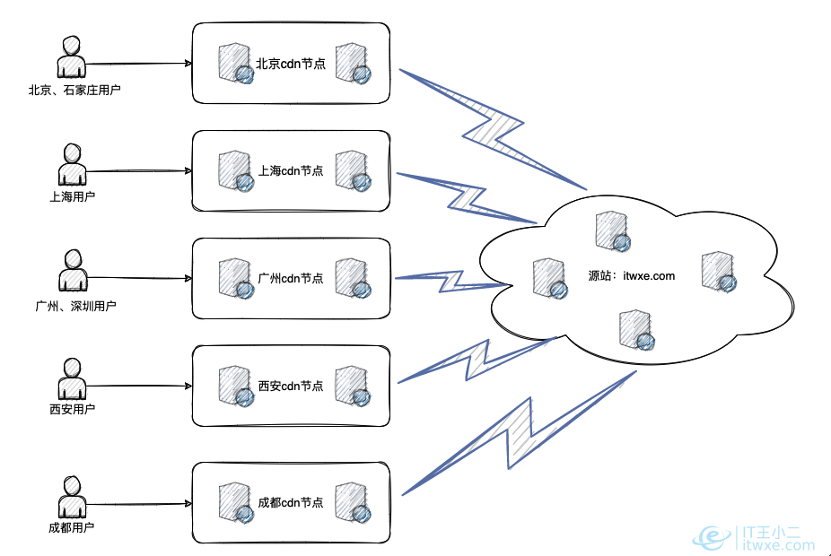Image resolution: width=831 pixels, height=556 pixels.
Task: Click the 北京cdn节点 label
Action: click(291, 64)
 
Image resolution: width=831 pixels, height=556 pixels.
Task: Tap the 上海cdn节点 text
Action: click(291, 170)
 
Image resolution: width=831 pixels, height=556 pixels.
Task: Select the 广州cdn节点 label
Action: click(291, 279)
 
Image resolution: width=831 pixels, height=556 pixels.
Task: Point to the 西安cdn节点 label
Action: click(291, 386)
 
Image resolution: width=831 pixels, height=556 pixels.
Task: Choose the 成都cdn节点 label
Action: click(291, 502)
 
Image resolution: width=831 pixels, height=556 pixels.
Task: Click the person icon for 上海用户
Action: click(72, 164)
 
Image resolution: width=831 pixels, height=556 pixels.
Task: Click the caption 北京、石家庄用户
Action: click(74, 91)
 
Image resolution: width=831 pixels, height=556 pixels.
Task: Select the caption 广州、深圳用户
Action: click(75, 306)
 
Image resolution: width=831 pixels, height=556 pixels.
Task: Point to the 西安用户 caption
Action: click(73, 409)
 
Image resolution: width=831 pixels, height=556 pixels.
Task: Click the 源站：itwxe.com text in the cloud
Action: click(631, 276)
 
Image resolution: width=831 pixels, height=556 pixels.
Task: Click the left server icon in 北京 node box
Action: click(235, 65)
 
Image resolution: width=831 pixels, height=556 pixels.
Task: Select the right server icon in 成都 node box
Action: click(351, 503)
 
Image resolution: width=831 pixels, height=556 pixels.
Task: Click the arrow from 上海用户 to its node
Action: click(139, 170)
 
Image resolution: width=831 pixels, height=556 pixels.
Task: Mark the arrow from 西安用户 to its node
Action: click(139, 387)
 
